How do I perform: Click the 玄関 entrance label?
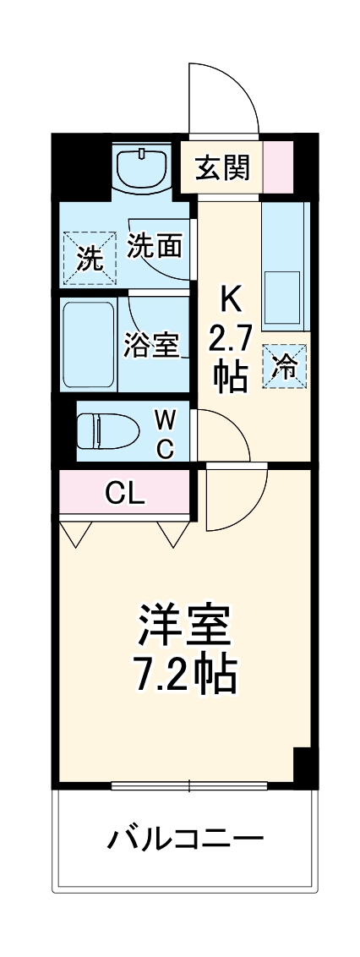pos(223,167)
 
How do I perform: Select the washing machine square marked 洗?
pos(87,254)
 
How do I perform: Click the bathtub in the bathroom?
pos(89,345)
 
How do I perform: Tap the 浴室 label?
pos(151,345)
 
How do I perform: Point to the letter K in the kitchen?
pos(231,298)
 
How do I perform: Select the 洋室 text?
pos(184,626)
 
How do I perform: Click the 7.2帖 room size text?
pos(184,672)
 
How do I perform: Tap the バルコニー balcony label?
pos(186,839)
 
